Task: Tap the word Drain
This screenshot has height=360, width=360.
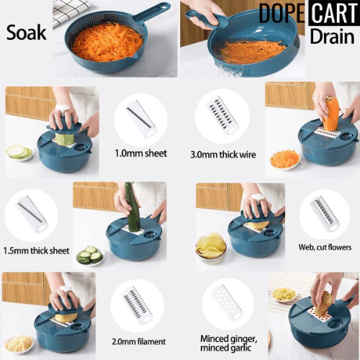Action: pos(332,36)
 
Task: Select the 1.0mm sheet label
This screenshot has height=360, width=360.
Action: pos(140,153)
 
